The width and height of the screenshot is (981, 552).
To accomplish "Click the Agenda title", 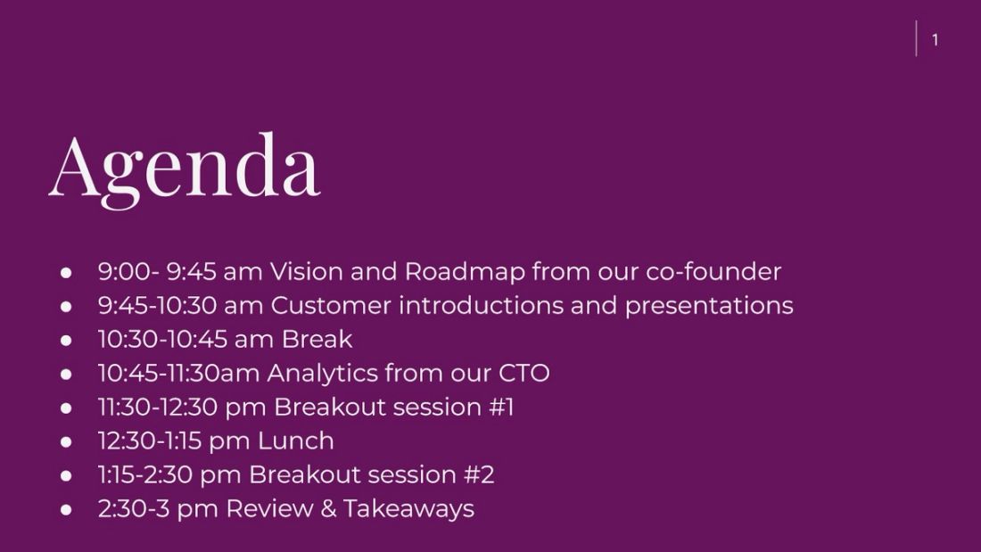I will tap(185, 167).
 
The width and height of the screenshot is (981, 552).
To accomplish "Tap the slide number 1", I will tap(935, 40).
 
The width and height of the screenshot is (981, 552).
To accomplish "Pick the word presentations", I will tap(708, 305).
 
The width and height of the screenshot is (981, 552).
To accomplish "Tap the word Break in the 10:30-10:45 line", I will tap(317, 339).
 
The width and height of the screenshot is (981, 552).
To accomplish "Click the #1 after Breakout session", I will tap(501, 407).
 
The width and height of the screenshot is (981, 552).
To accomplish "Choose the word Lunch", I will tap(296, 441).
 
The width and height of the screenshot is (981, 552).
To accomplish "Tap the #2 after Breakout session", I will tap(479, 474).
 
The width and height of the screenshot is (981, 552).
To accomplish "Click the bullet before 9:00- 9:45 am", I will tap(66, 272).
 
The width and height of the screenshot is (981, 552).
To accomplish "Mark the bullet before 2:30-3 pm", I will tap(66, 509).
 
